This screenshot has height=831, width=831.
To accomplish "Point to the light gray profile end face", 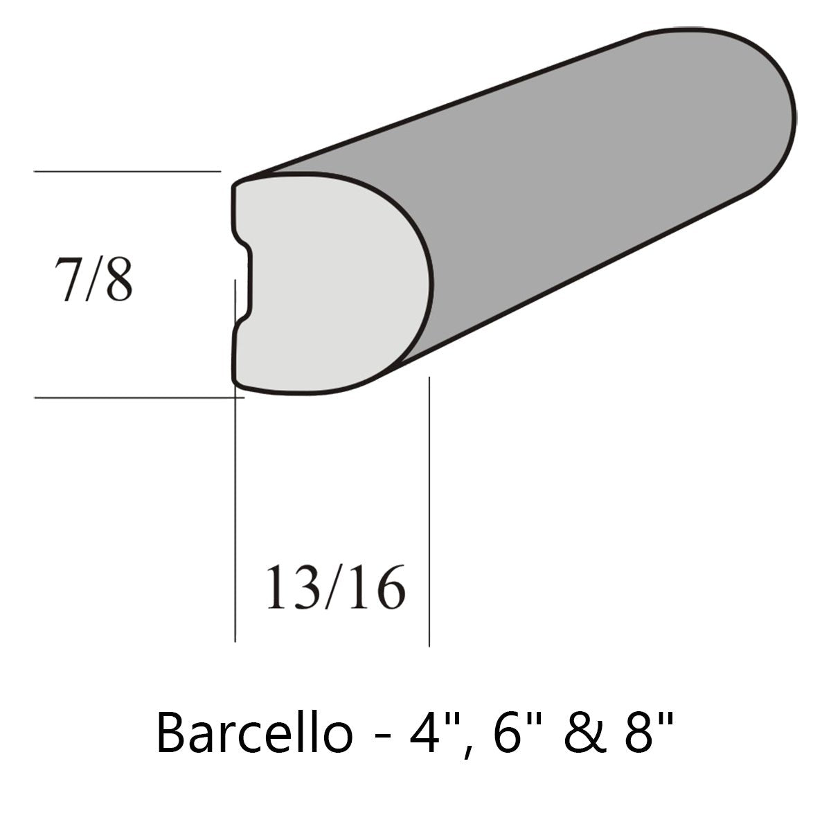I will pos(332,284).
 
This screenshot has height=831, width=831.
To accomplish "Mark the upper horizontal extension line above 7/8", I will pos(125,170).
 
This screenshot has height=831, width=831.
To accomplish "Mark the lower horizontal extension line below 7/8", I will pos(125,397).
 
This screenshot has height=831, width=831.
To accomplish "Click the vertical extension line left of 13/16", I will pos(235,519).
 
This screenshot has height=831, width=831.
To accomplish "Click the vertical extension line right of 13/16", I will pos(429,519).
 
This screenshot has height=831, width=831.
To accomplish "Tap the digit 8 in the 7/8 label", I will pos(118,281).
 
